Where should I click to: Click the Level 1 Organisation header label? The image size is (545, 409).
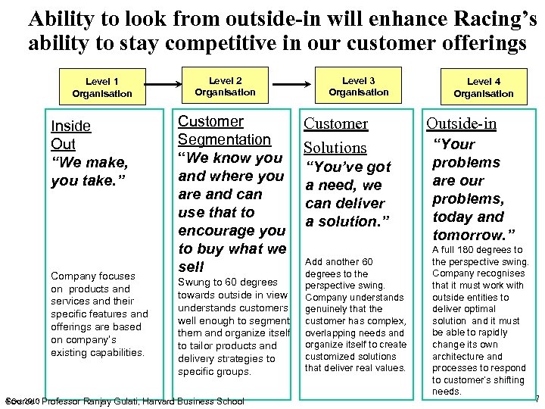click(101, 87)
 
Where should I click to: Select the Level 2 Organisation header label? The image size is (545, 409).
click(225, 86)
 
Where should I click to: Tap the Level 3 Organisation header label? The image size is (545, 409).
click(358, 86)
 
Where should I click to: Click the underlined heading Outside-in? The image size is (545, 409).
click(461, 123)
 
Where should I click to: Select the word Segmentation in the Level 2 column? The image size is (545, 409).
click(223, 139)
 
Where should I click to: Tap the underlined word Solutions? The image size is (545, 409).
click(335, 148)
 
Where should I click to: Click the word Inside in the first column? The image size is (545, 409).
click(70, 126)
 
